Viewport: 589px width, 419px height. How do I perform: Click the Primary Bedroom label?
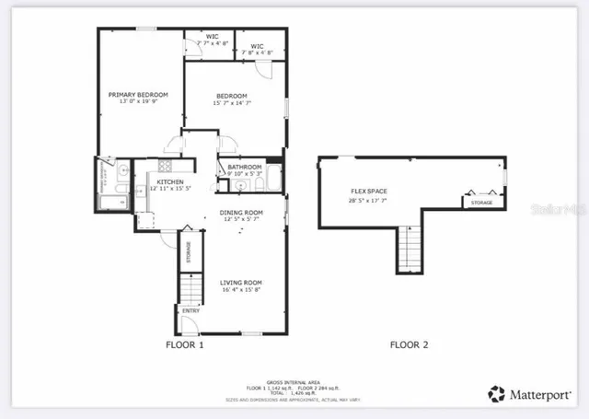pos(138,94)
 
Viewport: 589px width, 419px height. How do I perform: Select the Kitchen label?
pos(169,182)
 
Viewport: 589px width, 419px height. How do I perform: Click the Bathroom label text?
pos(246,167)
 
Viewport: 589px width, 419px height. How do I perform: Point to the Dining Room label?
pos(241,212)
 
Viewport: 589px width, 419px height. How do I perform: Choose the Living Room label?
pos(241,282)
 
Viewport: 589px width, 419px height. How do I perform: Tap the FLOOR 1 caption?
pos(183,345)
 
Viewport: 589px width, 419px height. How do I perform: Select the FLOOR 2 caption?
pos(409,345)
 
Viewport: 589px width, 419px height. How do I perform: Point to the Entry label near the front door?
pos(191,311)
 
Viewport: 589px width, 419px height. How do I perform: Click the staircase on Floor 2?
pos(410,250)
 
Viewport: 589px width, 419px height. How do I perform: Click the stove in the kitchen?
pos(165,166)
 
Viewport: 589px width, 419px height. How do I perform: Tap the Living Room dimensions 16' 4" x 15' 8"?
pos(241,290)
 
